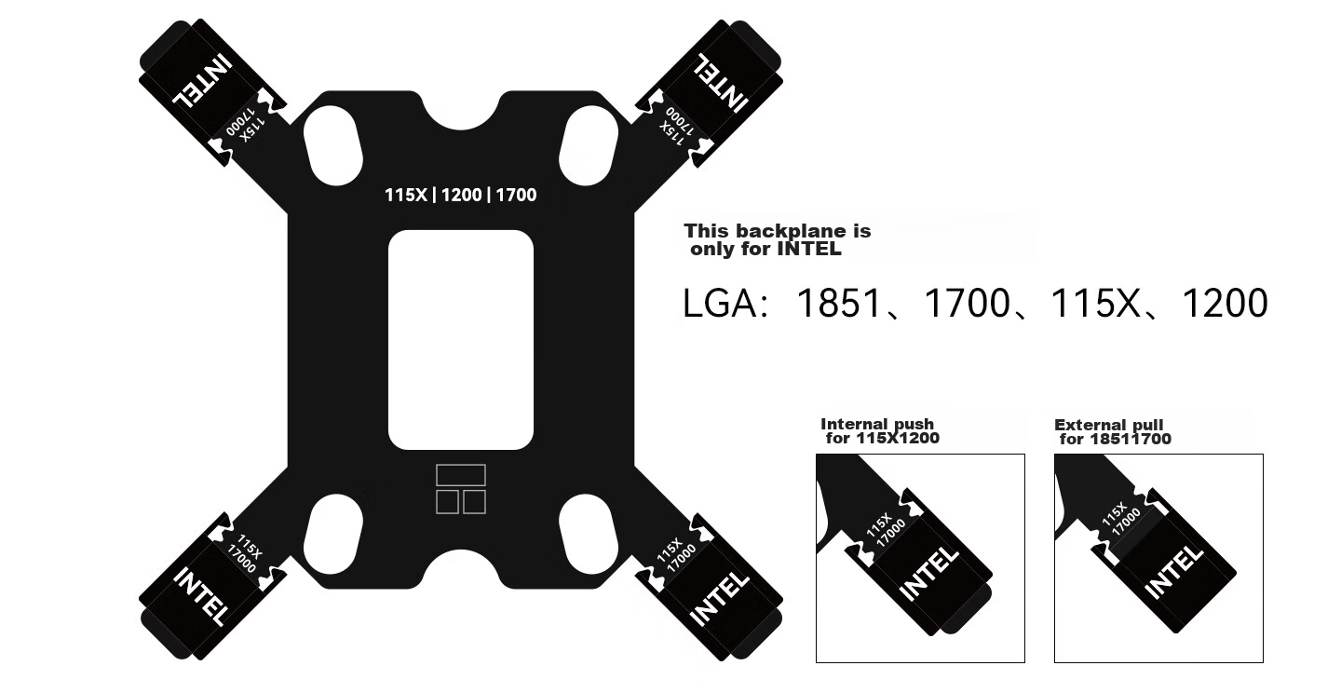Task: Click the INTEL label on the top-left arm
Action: click(x=202, y=81)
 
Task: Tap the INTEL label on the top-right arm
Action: click(x=720, y=82)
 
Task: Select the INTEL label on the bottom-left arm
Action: click(x=201, y=596)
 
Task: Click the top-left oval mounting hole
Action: click(x=332, y=145)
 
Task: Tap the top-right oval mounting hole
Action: click(x=589, y=145)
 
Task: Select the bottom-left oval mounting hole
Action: click(x=332, y=534)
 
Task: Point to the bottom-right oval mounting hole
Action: click(x=589, y=534)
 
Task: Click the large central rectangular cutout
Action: click(x=460, y=340)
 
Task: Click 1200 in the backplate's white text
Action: click(x=461, y=196)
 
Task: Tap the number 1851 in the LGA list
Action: click(x=839, y=303)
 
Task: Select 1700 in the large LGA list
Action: click(x=968, y=303)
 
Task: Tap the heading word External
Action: click(x=1083, y=425)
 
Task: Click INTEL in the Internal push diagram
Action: click(x=928, y=573)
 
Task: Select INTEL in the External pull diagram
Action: click(x=1173, y=573)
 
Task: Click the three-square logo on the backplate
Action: click(x=460, y=489)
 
